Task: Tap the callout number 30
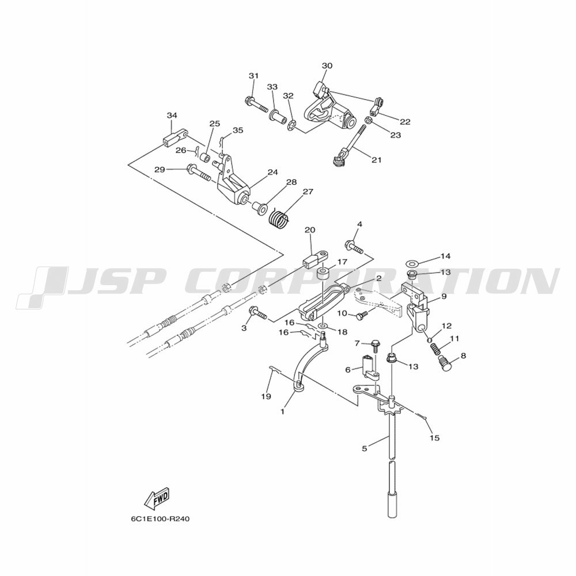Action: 327,66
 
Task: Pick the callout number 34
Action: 172,116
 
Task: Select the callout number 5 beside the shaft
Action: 364,449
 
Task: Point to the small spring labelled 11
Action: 434,348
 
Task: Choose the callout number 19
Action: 266,396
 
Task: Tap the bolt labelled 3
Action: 258,313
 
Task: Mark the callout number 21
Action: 376,160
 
